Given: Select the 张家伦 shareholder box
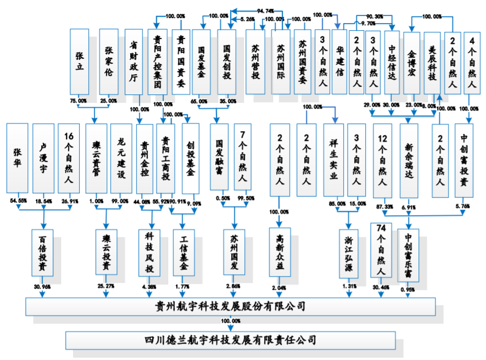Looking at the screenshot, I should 109,61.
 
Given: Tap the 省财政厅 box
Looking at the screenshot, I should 133,61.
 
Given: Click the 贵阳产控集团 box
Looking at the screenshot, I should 158,61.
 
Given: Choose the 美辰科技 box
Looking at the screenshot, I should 432,61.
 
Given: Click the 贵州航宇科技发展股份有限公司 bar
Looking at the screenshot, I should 231,306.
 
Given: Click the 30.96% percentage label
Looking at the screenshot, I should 42,286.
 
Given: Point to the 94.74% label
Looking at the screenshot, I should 265,10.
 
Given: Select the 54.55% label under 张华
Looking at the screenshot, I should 18,200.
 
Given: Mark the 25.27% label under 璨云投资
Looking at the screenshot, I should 106,286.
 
